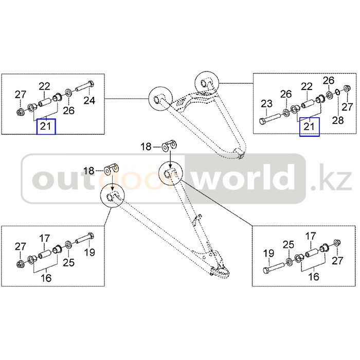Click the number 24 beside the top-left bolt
coord(89,101)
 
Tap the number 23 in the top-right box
coord(266,104)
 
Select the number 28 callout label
coord(338,120)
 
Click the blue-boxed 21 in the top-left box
coord(46,126)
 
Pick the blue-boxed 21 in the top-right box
coord(309,127)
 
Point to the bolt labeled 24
coord(84,86)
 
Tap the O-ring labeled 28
coord(338,92)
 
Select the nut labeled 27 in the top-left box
coord(20,112)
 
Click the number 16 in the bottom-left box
coord(46,278)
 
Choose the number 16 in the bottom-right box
coord(313,277)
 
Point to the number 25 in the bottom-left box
coord(68,262)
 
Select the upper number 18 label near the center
coord(146,147)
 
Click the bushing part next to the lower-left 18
coord(112,169)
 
